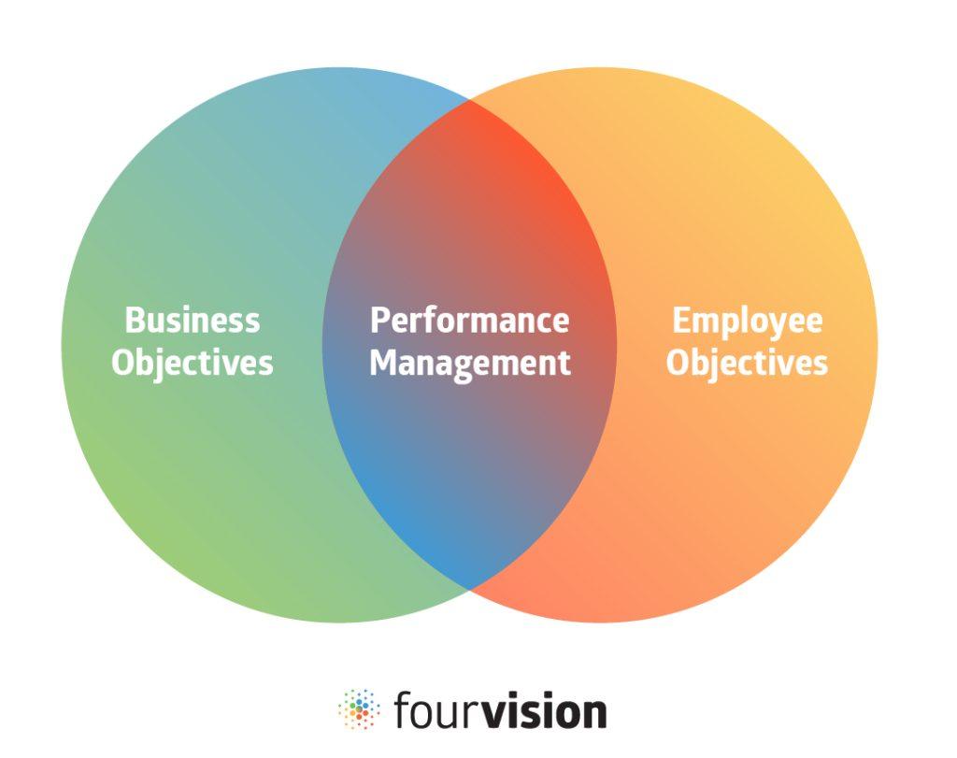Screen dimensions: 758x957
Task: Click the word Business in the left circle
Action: [x=193, y=321]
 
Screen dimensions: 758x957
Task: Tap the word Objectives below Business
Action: [x=193, y=363]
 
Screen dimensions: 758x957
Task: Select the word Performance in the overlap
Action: [x=469, y=321]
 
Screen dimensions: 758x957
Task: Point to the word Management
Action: [x=469, y=363]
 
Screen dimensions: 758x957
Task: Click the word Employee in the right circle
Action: [x=748, y=322]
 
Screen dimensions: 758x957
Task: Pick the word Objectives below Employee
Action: [x=747, y=363]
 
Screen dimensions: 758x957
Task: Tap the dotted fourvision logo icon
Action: [x=358, y=709]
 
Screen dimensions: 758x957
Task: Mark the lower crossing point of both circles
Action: [x=469, y=589]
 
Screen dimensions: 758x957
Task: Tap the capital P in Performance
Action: [x=379, y=321]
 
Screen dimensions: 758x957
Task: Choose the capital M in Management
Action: [x=383, y=363]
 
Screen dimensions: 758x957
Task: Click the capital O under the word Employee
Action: [x=678, y=363]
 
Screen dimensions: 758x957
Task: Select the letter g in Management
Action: [x=474, y=366]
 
